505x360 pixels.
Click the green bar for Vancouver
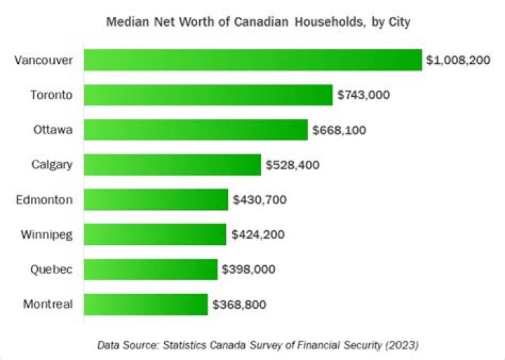coord(252,60)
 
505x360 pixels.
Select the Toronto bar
coord(208,95)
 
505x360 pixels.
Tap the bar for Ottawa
coord(196,130)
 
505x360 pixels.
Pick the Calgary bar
coord(173,165)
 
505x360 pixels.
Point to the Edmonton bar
coord(156,199)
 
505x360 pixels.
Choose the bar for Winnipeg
coord(155,234)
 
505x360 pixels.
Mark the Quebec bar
coord(151,269)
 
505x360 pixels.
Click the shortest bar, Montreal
coord(146,304)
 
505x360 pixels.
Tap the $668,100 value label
coord(339,130)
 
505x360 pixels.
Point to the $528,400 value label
coord(292,165)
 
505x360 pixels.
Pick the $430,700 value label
coord(260,199)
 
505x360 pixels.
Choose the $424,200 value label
coord(257,234)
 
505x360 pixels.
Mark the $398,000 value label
coord(248,269)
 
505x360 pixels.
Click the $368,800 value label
coord(239,304)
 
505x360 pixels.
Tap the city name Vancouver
coord(43,60)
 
